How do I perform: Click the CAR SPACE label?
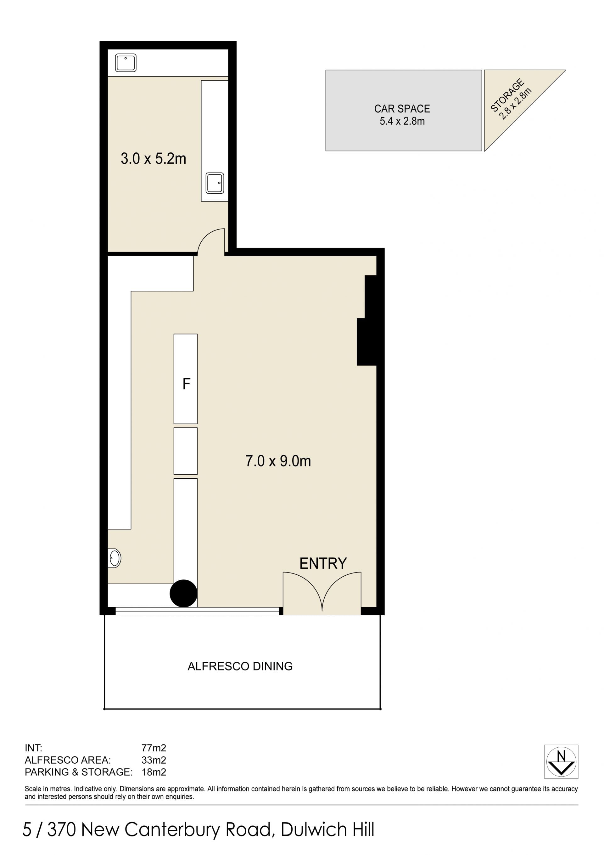tap(402, 109)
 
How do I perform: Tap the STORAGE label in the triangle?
tap(508, 95)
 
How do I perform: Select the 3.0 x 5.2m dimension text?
tap(153, 159)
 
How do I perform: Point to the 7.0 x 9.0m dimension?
tap(278, 461)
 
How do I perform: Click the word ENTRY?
tap(323, 563)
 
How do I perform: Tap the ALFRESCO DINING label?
tap(240, 666)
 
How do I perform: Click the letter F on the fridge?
tap(186, 384)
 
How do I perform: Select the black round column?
tap(183, 594)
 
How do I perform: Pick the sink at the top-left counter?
tap(126, 63)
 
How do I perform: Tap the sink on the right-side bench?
tap(215, 183)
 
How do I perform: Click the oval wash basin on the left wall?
tap(114, 558)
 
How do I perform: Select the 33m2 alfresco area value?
tap(154, 760)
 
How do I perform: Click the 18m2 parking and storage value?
tap(154, 772)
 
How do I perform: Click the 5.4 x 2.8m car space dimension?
tap(402, 121)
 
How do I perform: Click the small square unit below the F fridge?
tap(186, 451)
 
